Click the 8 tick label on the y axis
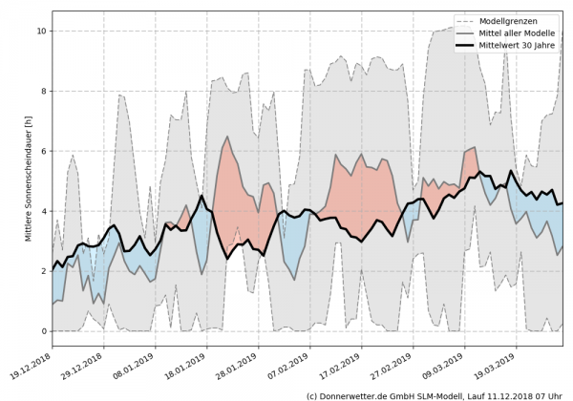43,92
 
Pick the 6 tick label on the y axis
43,152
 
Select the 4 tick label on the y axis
43,211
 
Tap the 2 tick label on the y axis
43,271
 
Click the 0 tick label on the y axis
43,331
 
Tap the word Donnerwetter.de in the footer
360,394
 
